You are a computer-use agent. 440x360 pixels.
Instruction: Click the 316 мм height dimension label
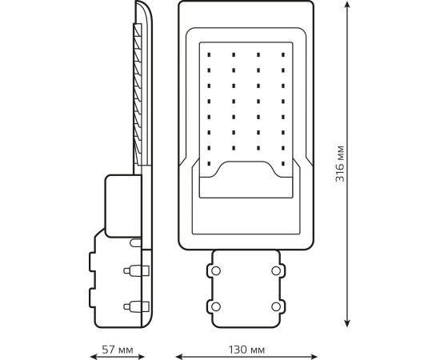click(x=340, y=164)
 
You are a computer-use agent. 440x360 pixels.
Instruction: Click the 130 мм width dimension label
click(x=246, y=350)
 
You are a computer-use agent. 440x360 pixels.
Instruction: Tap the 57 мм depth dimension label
click(x=118, y=350)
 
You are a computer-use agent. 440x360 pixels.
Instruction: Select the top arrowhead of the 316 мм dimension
click(x=347, y=5)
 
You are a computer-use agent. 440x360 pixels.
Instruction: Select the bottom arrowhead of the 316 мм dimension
click(x=347, y=323)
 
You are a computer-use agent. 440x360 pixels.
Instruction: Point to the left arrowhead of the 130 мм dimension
click(x=179, y=357)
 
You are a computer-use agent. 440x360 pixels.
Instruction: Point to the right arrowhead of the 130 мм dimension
click(x=314, y=357)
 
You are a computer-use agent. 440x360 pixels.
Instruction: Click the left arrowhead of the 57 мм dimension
click(x=94, y=357)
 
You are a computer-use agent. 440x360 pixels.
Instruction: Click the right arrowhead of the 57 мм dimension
click(x=141, y=357)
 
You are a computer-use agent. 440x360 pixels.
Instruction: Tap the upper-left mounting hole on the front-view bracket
click(x=216, y=270)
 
